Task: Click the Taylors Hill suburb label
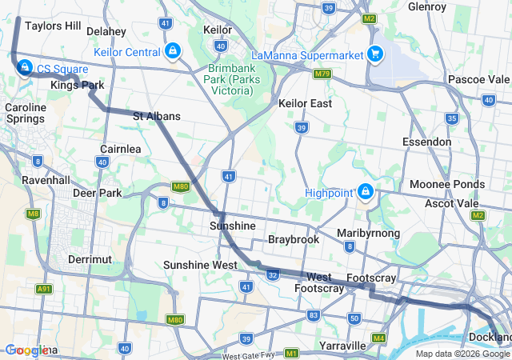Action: (53, 26)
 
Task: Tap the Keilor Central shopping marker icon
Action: (172, 52)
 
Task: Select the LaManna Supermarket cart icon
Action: (374, 54)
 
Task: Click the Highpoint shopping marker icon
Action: (366, 192)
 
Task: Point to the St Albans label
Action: (157, 116)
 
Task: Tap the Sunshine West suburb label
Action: (200, 265)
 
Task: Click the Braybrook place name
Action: (294, 239)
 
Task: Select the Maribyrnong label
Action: (368, 233)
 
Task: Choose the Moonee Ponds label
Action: (446, 184)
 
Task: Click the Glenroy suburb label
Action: (426, 6)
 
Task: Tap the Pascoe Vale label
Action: (478, 79)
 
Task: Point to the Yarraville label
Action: (342, 346)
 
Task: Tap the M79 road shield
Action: (322, 74)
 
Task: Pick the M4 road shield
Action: (378, 338)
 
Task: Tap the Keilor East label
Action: (305, 103)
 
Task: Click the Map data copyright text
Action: (462, 354)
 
